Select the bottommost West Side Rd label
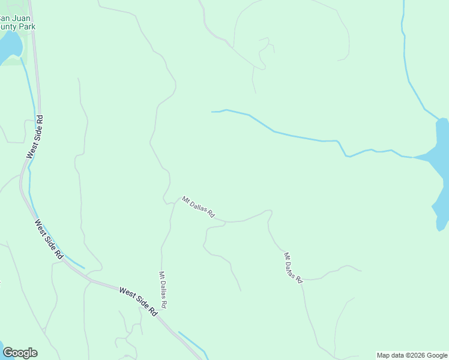138,301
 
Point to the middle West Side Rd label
49,239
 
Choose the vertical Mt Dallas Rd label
163,290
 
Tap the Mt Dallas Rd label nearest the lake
292,267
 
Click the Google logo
20,353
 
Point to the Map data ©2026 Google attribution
412,355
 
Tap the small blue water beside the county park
9,46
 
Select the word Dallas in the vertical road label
163,291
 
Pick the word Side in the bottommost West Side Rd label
142,303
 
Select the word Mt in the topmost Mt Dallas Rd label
185,200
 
